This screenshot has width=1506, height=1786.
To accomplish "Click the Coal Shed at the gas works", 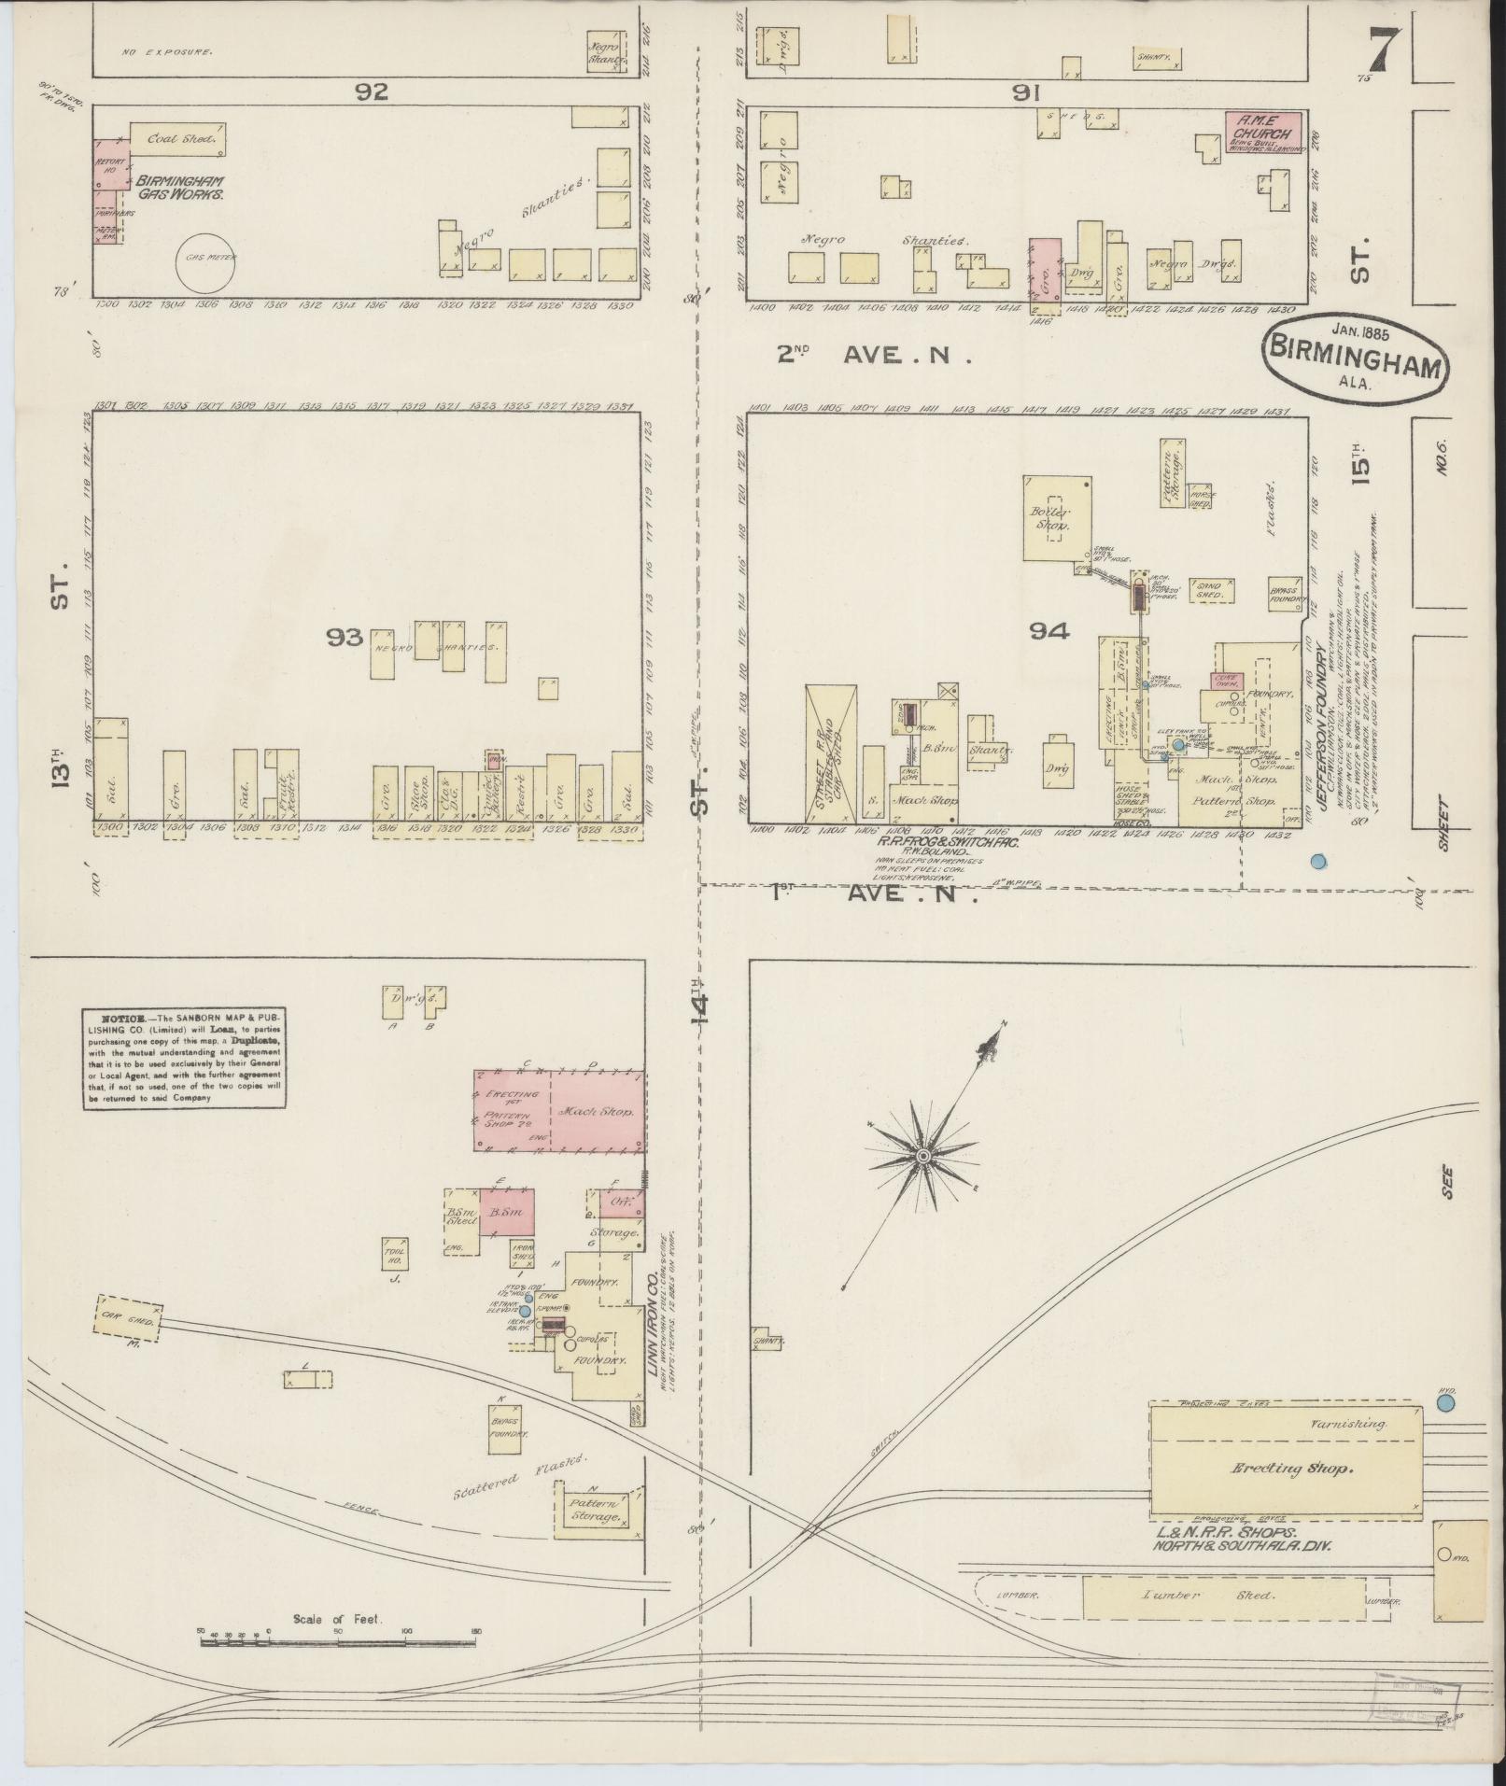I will coord(178,139).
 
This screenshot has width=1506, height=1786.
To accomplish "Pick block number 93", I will coord(343,637).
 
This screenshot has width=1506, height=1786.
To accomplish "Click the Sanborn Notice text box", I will coord(182,1058).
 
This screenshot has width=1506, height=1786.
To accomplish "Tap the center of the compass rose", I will coord(922,1156).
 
